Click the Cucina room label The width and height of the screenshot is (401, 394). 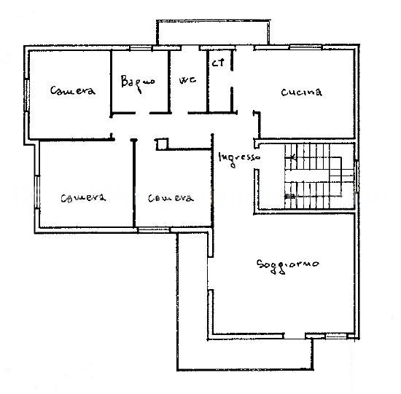(302, 92)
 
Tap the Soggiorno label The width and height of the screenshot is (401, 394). (288, 267)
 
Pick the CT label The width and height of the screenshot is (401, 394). (218, 63)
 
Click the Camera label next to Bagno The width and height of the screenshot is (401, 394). (73, 90)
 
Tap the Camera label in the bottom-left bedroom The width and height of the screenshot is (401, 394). (83, 198)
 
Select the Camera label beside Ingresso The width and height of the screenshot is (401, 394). (171, 198)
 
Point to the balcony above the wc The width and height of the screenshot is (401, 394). (213, 33)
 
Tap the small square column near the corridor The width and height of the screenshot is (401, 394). (162, 144)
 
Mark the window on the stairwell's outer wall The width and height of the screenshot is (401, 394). (357, 176)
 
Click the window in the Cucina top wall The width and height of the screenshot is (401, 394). (305, 47)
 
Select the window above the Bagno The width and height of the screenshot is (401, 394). (141, 48)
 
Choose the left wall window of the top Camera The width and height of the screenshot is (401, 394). (26, 95)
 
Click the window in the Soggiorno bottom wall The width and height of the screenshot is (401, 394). (336, 336)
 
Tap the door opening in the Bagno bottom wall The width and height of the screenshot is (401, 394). (142, 113)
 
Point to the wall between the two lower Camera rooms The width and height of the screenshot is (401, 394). (133, 183)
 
